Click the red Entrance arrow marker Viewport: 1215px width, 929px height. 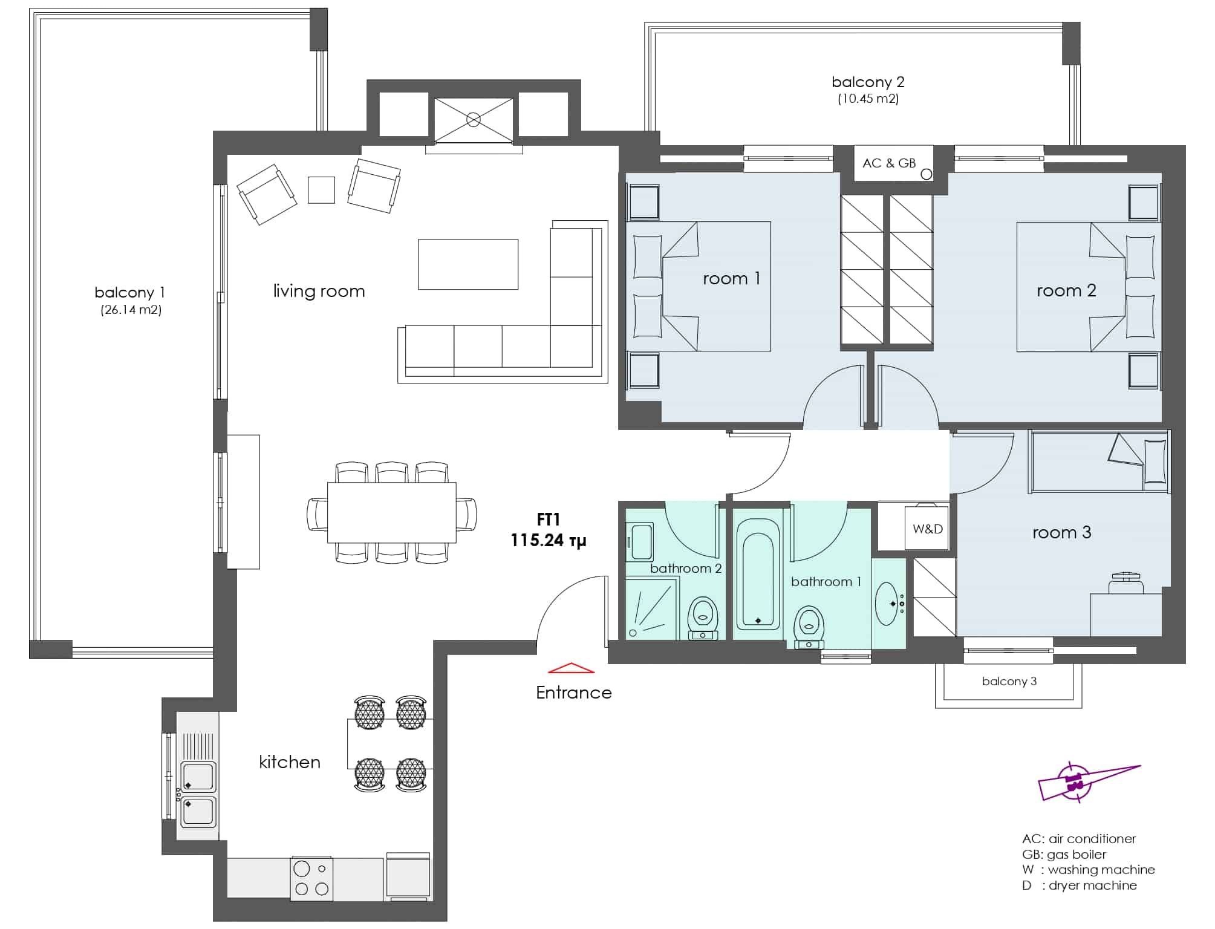572,668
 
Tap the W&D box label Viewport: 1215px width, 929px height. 928,529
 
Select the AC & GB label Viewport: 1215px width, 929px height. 889,163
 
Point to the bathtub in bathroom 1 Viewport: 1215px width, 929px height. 758,573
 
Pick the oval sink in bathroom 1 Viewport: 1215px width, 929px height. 887,603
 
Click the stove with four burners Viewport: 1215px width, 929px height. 311,879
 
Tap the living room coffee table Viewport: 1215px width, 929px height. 468,264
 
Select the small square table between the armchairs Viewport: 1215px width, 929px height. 321,190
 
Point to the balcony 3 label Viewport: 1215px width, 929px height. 1009,681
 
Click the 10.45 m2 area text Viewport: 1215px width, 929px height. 868,99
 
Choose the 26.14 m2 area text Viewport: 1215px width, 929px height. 131,310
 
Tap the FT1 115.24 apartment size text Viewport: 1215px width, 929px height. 548,530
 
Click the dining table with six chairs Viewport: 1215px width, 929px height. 392,512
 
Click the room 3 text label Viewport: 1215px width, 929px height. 1061,532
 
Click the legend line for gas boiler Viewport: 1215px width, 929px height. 1064,855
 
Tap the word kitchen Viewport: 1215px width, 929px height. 290,761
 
